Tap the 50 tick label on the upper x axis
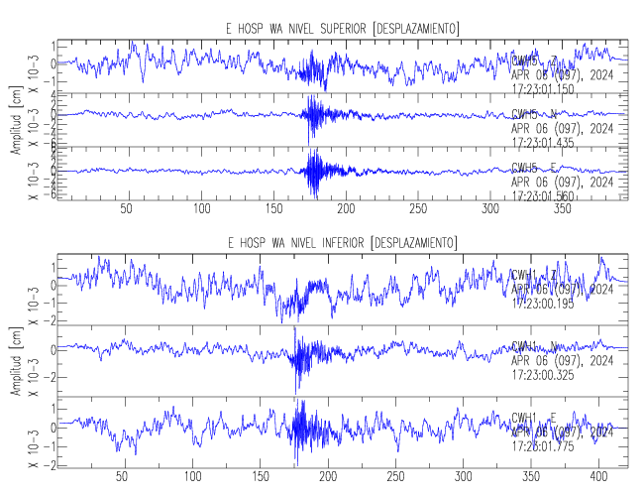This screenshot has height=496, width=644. tap(126, 209)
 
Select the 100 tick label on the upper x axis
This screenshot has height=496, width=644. tap(202, 209)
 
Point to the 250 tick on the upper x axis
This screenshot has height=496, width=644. tap(418, 209)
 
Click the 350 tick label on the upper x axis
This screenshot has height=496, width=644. tap(562, 209)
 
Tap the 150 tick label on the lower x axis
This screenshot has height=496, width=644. tap(260, 475)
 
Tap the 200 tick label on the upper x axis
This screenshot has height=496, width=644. tap(346, 209)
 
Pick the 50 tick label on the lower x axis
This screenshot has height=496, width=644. tap(122, 475)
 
